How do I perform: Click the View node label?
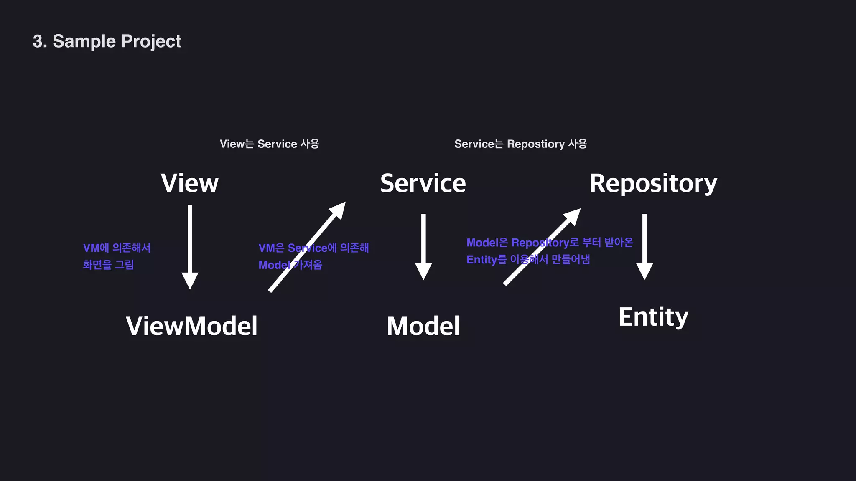coord(189,183)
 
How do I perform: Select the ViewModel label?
coord(191,326)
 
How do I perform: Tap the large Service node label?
coord(423,183)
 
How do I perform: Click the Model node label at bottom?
coord(423,326)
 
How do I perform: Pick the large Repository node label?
coord(653,184)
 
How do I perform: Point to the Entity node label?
coord(653,317)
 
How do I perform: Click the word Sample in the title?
coord(84,41)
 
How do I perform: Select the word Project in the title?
coord(151,41)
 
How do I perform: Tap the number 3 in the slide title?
coord(38,41)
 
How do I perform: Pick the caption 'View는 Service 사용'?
coord(270,144)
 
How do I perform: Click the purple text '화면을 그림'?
coord(108,265)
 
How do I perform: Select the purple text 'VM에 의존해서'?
coord(117,248)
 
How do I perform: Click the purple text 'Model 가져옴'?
coord(290,265)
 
